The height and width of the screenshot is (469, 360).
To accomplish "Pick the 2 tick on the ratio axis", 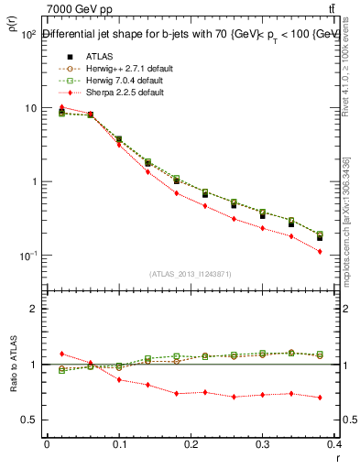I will (x=32, y=309).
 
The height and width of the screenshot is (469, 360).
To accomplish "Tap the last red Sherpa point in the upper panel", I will (x=345, y=251).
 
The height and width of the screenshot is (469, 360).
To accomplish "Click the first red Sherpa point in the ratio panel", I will (x=61, y=354).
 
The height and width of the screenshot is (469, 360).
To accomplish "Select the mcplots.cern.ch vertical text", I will (x=352, y=234).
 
